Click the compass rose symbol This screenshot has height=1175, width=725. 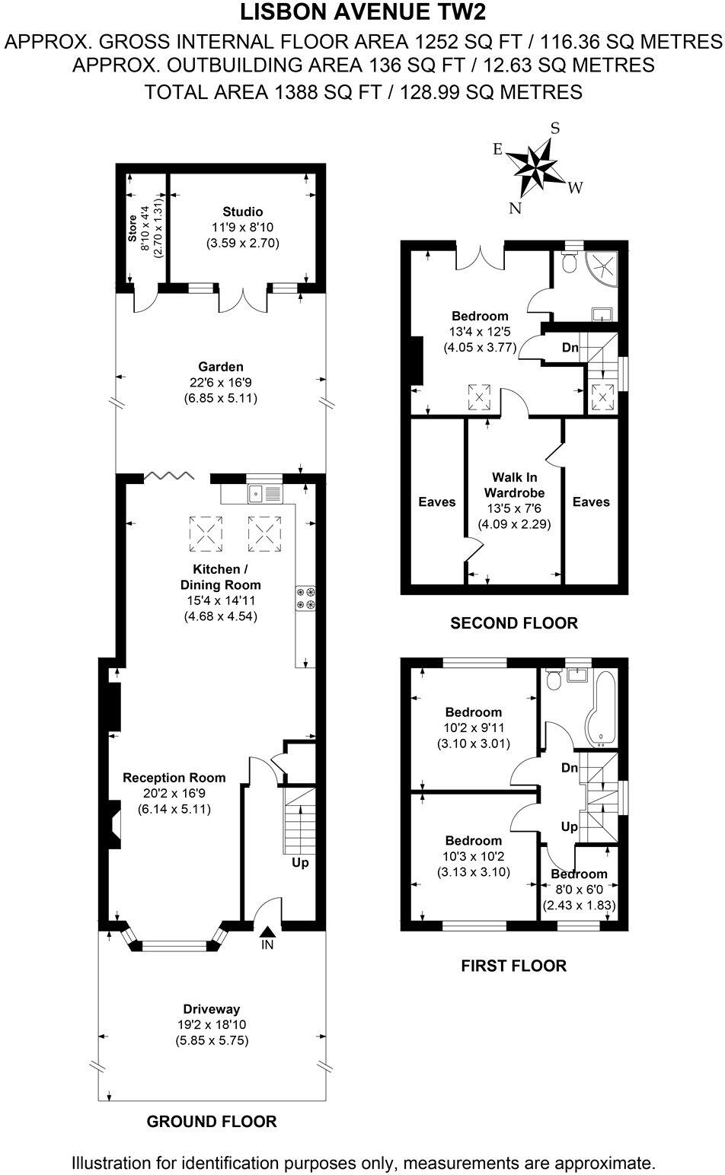pyautogui.click(x=537, y=168)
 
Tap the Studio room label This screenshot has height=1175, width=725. pyautogui.click(x=242, y=212)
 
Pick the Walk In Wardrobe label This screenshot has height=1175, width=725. pyautogui.click(x=514, y=485)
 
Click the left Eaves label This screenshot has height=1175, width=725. pyautogui.click(x=436, y=502)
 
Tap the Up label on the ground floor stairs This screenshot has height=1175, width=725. pyautogui.click(x=300, y=863)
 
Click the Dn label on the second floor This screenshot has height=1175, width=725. pyautogui.click(x=570, y=348)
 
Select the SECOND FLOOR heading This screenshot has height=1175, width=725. pyautogui.click(x=514, y=623)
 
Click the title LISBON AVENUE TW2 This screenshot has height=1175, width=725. pyautogui.click(x=362, y=13)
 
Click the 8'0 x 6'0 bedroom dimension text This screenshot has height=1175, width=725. pyautogui.click(x=579, y=889)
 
